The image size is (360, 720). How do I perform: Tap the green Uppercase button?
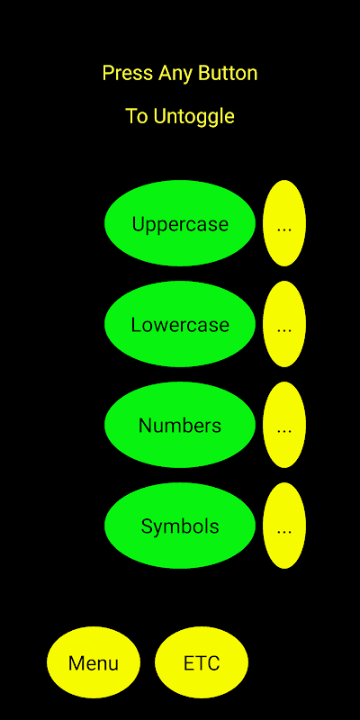pyautogui.click(x=180, y=223)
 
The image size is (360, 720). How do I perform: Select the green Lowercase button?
pyautogui.click(x=180, y=324)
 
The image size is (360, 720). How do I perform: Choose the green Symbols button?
pyautogui.click(x=180, y=526)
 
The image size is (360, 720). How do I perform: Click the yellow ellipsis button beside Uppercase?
pyautogui.click(x=284, y=223)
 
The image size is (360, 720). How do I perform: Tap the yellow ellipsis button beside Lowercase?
pyautogui.click(x=284, y=324)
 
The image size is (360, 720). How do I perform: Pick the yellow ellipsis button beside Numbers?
pyautogui.click(x=284, y=425)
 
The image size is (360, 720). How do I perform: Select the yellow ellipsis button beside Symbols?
pyautogui.click(x=284, y=526)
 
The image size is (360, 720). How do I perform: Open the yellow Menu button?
pyautogui.click(x=94, y=662)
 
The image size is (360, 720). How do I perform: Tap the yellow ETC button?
pyautogui.click(x=202, y=662)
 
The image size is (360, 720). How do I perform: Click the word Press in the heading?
pyautogui.click(x=129, y=73)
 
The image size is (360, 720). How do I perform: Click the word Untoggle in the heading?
pyautogui.click(x=193, y=117)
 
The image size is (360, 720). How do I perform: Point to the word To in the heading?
pyautogui.click(x=138, y=117)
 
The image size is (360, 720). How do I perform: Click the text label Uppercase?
pyautogui.click(x=180, y=225)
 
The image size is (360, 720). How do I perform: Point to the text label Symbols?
pyautogui.click(x=180, y=526)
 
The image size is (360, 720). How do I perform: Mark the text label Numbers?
pyautogui.click(x=180, y=426)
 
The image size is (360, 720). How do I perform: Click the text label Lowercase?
pyautogui.click(x=180, y=325)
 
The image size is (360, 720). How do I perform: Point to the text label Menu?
pyautogui.click(x=94, y=663)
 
